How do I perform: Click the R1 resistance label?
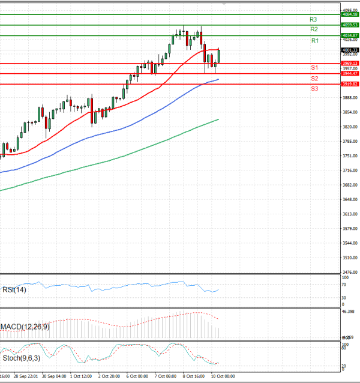tap(315, 40)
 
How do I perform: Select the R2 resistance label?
tap(314, 29)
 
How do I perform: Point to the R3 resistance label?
tap(313, 19)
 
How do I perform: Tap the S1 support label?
tap(314, 67)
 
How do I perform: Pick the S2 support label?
tap(314, 79)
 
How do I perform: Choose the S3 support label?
tap(314, 88)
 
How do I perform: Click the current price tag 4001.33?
tap(350, 50)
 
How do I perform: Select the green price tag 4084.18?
tap(350, 14)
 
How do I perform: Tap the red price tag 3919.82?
tap(350, 85)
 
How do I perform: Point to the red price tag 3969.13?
tap(350, 63)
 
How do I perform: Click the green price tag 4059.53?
tap(350, 25)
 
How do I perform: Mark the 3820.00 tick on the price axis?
tap(349, 127)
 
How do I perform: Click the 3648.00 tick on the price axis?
tap(349, 199)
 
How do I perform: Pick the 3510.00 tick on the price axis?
tap(349, 258)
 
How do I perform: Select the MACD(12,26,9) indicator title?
tap(25, 327)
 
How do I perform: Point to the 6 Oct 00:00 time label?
tap(137, 376)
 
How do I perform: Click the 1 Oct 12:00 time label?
tap(80, 376)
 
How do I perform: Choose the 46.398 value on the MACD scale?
tap(349, 312)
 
